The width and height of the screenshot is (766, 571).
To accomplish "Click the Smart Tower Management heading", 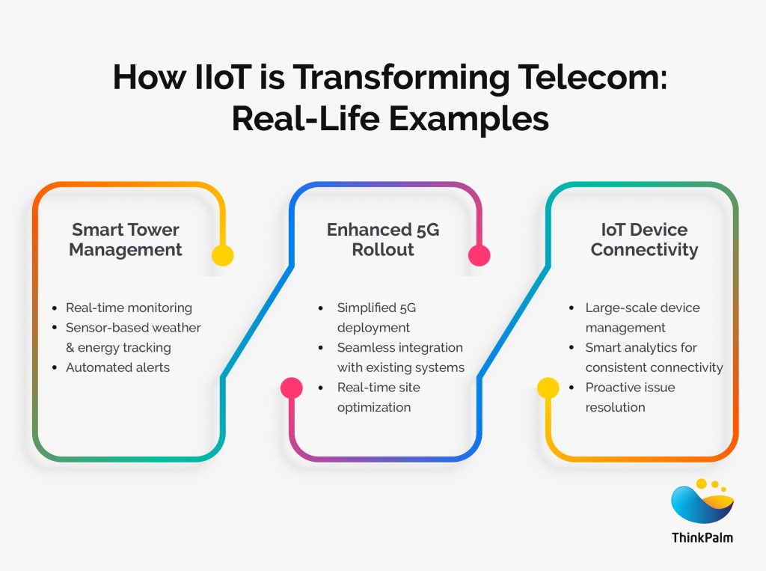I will point(126,239).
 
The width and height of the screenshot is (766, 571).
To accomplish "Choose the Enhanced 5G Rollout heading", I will point(383,239).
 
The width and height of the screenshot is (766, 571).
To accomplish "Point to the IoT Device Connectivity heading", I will point(644,239).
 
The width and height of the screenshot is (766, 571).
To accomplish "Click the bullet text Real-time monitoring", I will point(129,308).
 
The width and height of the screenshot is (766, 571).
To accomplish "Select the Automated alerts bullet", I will point(117,367).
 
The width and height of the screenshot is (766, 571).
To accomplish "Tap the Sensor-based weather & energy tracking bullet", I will point(133,338).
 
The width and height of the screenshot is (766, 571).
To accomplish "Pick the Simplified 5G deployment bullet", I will point(374,317).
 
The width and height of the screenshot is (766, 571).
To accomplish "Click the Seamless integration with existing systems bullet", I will point(400,358).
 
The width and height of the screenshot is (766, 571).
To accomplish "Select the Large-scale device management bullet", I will point(643,317).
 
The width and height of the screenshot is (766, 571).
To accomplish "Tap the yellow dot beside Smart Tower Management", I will point(222,255).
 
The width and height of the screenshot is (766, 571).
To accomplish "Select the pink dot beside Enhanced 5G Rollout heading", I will point(479,255).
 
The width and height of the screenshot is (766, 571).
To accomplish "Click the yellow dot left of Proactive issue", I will point(548,388).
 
